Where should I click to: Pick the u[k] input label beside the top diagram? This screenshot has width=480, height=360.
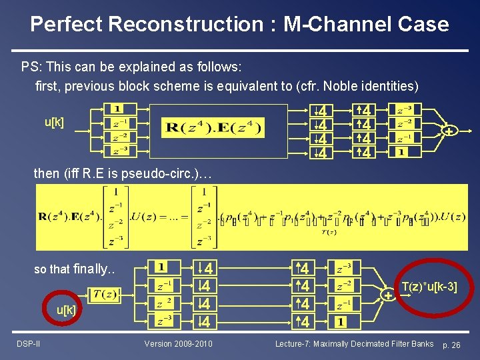click(x=54, y=122)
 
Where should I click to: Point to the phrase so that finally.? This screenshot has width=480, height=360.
click(x=75, y=269)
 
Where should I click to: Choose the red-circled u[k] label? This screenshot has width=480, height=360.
click(x=67, y=311)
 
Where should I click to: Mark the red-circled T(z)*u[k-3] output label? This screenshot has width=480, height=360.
click(x=429, y=287)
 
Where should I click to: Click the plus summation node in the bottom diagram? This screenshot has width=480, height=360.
click(x=387, y=294)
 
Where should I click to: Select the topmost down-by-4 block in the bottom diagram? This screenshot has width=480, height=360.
click(x=206, y=269)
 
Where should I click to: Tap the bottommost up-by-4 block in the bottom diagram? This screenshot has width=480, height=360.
click(x=303, y=322)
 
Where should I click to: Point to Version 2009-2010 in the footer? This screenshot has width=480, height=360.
click(x=178, y=344)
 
